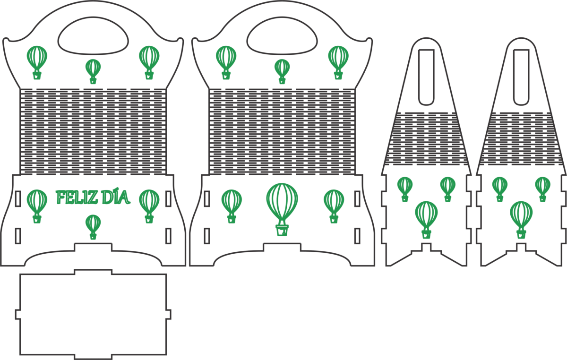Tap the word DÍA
tap(116, 197)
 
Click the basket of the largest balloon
tap(282, 231)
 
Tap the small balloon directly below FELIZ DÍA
tap(93, 227)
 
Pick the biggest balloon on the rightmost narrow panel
tap(521, 220)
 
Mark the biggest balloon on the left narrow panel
tap(426, 220)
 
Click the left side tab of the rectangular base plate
tap(18, 315)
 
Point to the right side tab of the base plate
tap(168, 315)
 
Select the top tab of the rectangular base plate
tap(93, 272)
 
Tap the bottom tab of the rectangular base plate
tap(93, 357)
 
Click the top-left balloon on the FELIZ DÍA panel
tap(37, 62)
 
